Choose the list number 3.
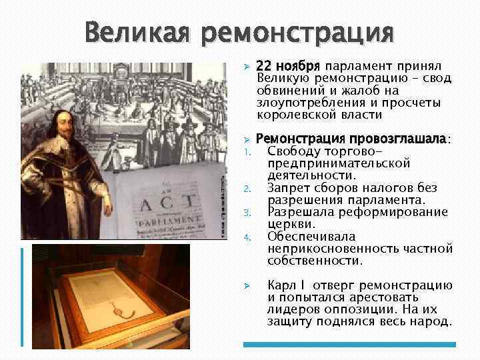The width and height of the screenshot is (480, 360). pos(246,213)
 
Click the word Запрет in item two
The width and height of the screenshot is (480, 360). pos(289,187)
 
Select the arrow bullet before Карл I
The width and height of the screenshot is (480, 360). pos(246,285)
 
